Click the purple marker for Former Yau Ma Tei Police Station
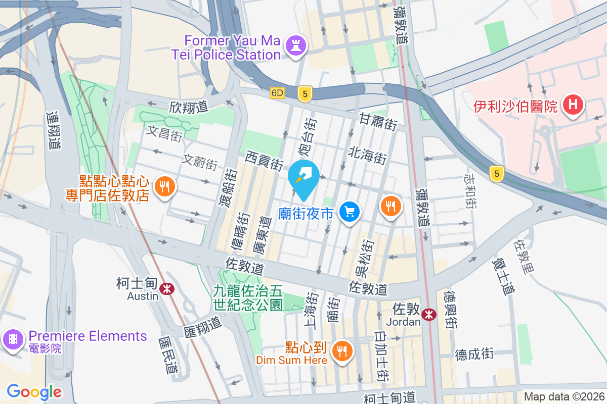click(x=296, y=46)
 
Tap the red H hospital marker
click(x=573, y=106)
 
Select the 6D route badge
click(x=278, y=93)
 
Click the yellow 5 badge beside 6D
click(x=303, y=93)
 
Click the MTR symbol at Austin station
click(x=166, y=288)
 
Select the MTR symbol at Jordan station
click(x=429, y=314)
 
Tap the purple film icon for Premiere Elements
click(x=13, y=339)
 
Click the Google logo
click(x=34, y=392)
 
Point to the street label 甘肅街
click(x=378, y=122)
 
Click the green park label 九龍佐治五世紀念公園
click(x=247, y=297)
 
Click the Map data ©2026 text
click(x=564, y=397)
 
